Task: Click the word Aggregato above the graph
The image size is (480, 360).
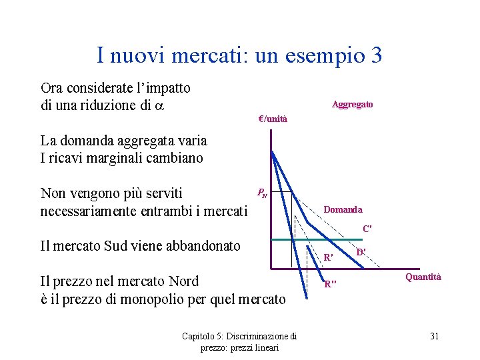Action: pyautogui.click(x=352, y=105)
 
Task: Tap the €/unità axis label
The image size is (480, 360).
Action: pyautogui.click(x=273, y=119)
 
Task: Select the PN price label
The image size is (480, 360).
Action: pyautogui.click(x=262, y=194)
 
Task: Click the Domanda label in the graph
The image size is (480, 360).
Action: pyautogui.click(x=343, y=209)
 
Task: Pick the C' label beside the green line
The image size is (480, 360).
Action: pyautogui.click(x=367, y=229)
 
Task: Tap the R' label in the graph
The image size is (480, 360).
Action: pyautogui.click(x=328, y=257)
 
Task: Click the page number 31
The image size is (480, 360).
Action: pyautogui.click(x=434, y=336)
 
